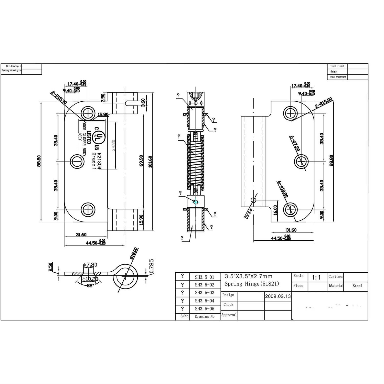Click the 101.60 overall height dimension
tap(150, 162)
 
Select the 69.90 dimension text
tap(141, 161)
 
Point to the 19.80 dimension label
tap(103, 114)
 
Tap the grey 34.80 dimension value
tap(113, 145)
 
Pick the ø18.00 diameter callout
tap(134, 253)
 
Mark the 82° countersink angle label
tap(89, 285)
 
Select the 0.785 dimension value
tap(152, 266)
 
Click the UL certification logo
tap(99, 138)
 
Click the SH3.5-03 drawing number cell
tap(204, 293)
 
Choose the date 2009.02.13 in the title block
tap(278, 296)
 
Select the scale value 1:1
tap(316, 277)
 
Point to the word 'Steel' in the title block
tap(357, 286)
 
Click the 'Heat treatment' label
tap(338, 77)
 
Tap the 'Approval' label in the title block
tap(229, 315)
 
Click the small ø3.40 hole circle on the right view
tap(253, 200)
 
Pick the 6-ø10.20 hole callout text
tap(283, 189)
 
